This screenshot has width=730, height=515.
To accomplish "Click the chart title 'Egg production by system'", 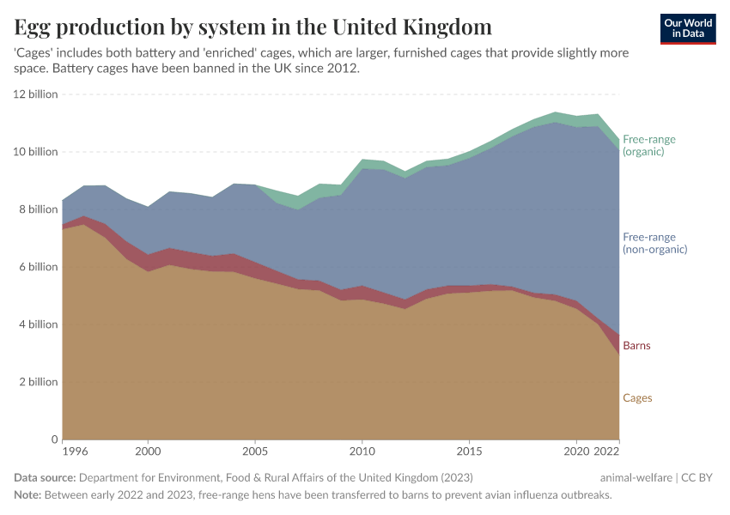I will click(x=253, y=26).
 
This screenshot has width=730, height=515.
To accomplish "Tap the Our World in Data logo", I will click(x=688, y=28).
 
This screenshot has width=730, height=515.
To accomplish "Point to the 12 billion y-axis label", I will click(x=35, y=94).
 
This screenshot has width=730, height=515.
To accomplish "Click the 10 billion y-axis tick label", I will click(x=35, y=152).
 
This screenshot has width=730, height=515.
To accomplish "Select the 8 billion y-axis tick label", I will click(x=38, y=209).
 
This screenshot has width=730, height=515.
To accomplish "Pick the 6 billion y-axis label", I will click(x=38, y=267).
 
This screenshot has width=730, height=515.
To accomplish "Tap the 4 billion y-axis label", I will click(x=38, y=324).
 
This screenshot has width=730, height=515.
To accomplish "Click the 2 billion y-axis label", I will click(x=38, y=382).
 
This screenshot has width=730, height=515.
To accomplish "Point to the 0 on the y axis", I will click(x=53, y=439).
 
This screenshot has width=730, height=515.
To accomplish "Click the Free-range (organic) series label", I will click(x=649, y=145).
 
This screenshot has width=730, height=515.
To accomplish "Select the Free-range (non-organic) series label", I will click(x=654, y=243).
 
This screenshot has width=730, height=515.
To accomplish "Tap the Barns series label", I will click(x=636, y=346).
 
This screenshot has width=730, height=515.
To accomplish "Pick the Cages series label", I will click(x=637, y=398).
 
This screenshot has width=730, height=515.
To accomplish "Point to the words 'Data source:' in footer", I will click(x=46, y=477).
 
